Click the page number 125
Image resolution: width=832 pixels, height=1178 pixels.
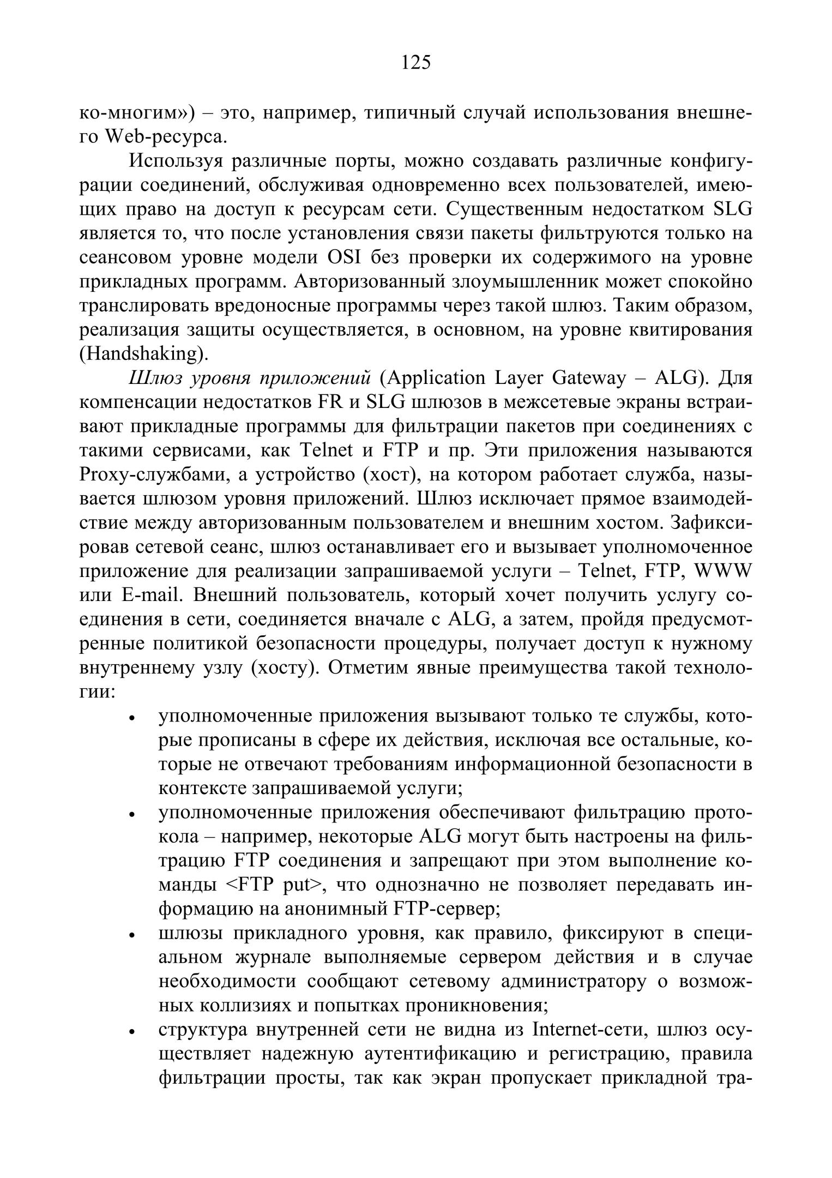416,63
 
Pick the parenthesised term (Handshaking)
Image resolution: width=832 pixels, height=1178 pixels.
144,354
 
